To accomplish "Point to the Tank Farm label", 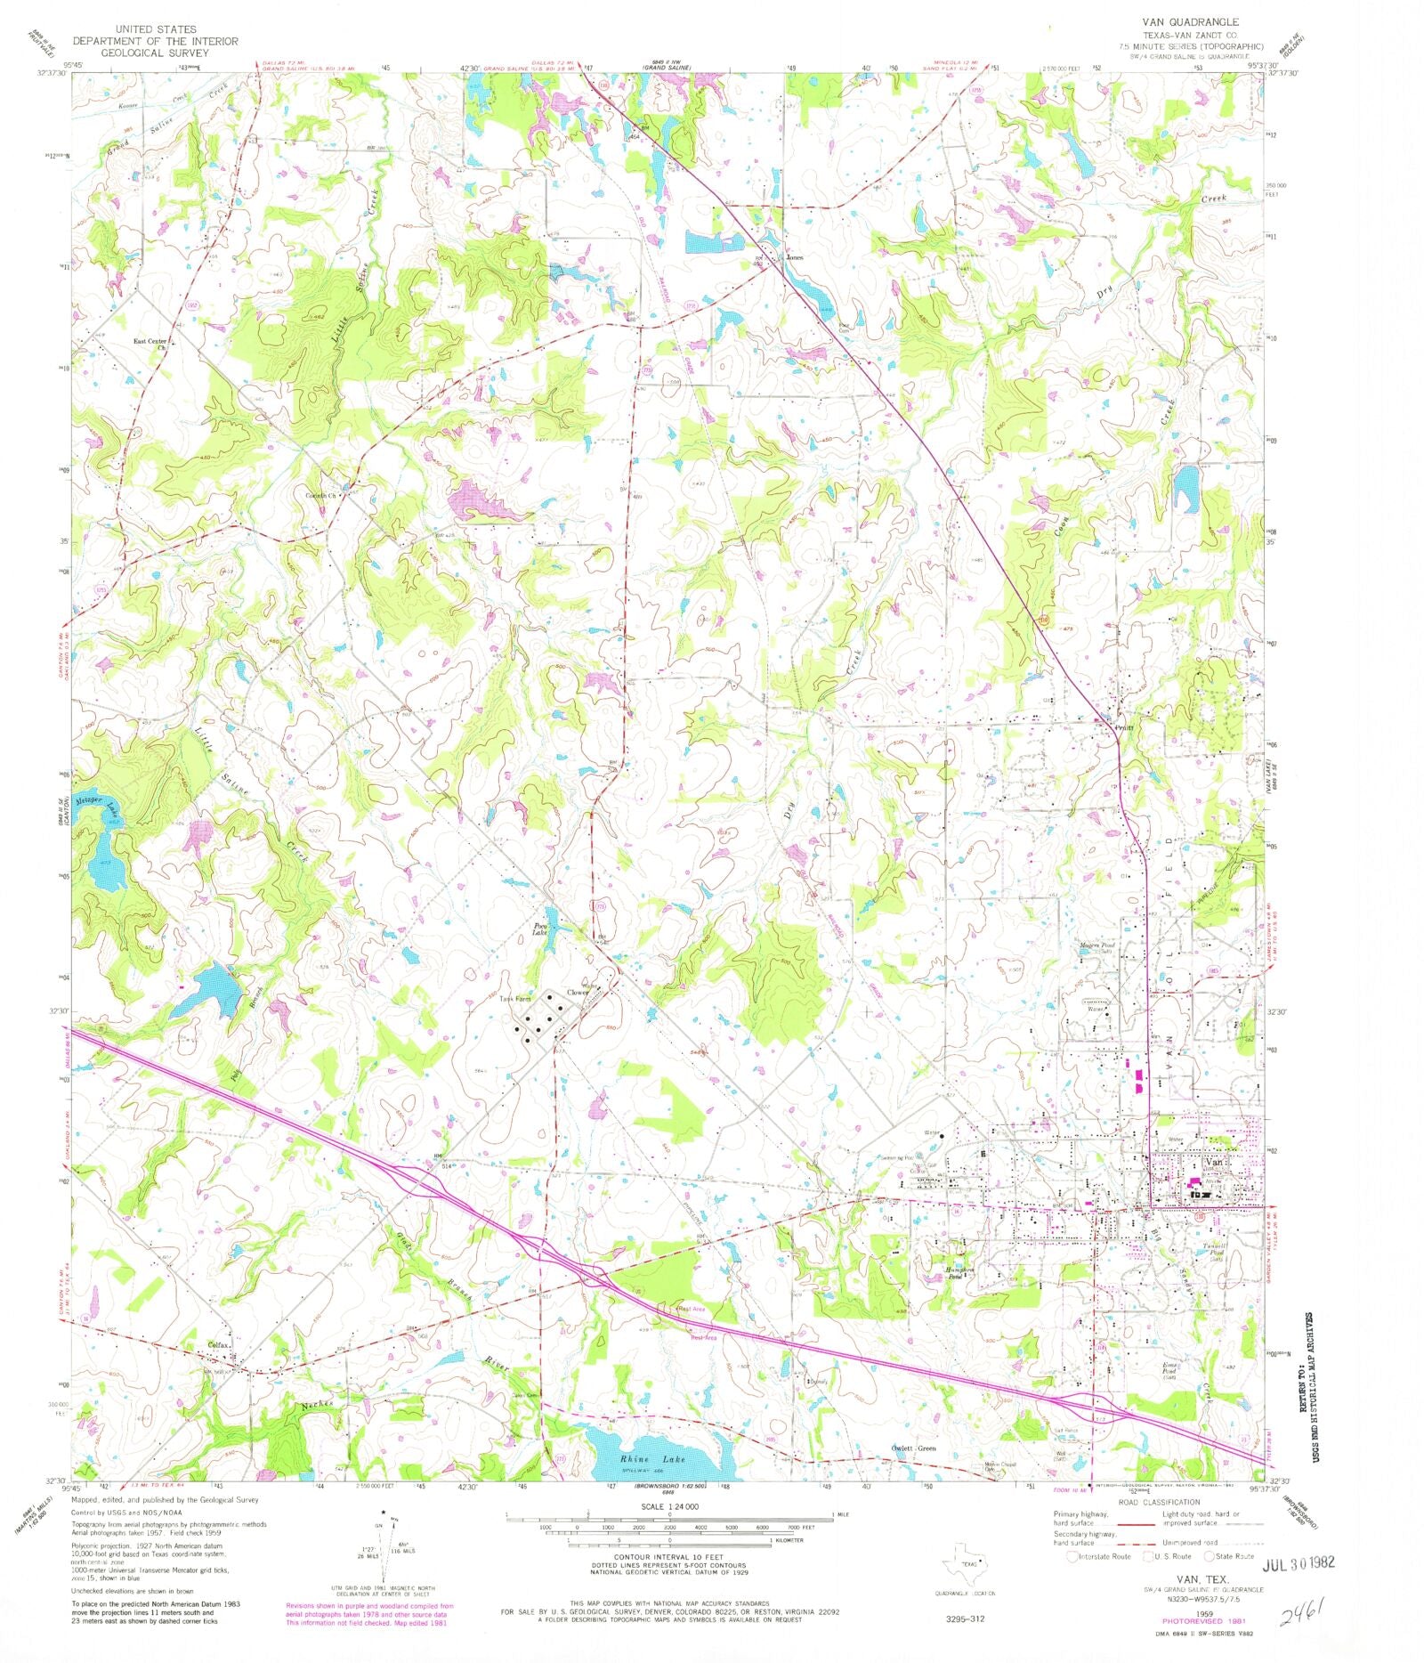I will coord(514,999).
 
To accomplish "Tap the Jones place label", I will coord(794,257).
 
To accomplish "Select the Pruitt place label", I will coord(1125,728).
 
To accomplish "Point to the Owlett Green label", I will coord(914,1448).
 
